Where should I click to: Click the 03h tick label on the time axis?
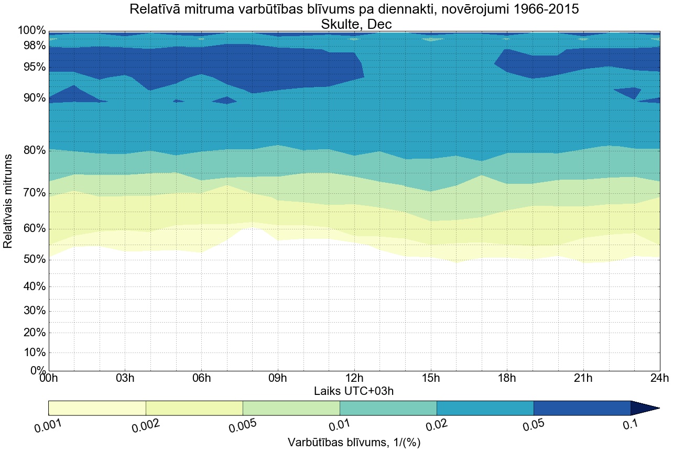[x=125, y=379]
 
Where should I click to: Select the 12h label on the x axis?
[x=354, y=379]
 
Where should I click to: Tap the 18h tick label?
[x=507, y=379]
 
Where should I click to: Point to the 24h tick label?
[x=659, y=379]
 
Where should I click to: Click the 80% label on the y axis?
[x=32, y=151]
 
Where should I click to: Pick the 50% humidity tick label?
[x=32, y=260]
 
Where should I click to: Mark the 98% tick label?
[x=32, y=46]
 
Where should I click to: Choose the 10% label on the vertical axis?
[x=32, y=352]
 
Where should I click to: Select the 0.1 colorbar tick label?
[x=630, y=425]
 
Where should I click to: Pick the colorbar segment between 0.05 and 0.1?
[x=582, y=408]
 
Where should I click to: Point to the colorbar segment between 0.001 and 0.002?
[x=97, y=408]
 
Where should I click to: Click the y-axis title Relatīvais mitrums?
[x=9, y=201]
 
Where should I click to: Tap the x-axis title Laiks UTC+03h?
[x=354, y=391]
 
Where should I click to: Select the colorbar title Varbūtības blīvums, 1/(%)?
[x=354, y=443]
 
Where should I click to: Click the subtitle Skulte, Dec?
[x=354, y=24]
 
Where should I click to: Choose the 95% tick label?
[x=32, y=67]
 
